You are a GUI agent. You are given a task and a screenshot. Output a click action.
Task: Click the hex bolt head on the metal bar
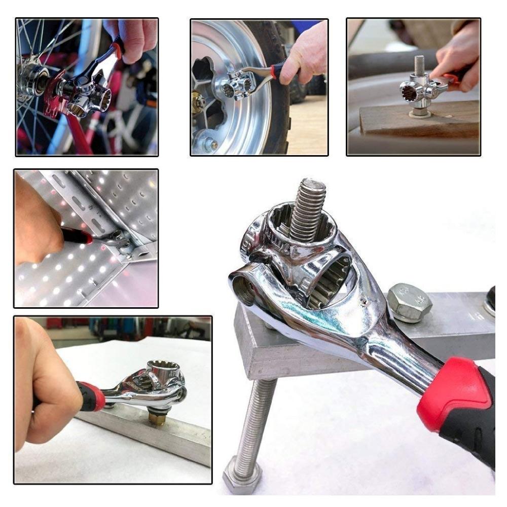(409, 303)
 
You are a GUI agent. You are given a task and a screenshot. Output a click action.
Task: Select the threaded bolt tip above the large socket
(308, 208)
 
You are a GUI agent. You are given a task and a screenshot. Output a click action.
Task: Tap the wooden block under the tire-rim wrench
(421, 122)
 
